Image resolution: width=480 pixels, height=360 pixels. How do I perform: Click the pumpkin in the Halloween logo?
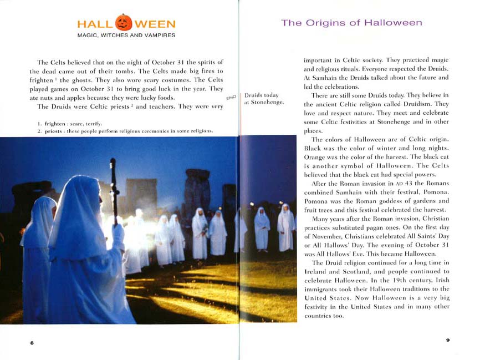pyautogui.click(x=124, y=23)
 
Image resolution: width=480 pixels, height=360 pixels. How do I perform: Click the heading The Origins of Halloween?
pyautogui.click(x=351, y=23)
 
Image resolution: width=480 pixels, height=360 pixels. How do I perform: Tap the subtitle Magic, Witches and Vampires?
pyautogui.click(x=126, y=36)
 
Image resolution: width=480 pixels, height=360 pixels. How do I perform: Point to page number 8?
pyautogui.click(x=32, y=343)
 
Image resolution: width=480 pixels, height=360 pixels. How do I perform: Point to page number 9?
pyautogui.click(x=447, y=340)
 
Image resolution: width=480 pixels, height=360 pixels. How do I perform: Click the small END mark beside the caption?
pyautogui.click(x=232, y=97)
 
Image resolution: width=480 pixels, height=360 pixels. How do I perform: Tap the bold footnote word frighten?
pyautogui.click(x=57, y=123)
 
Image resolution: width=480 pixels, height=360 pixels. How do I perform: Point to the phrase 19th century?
pyautogui.click(x=415, y=281)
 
